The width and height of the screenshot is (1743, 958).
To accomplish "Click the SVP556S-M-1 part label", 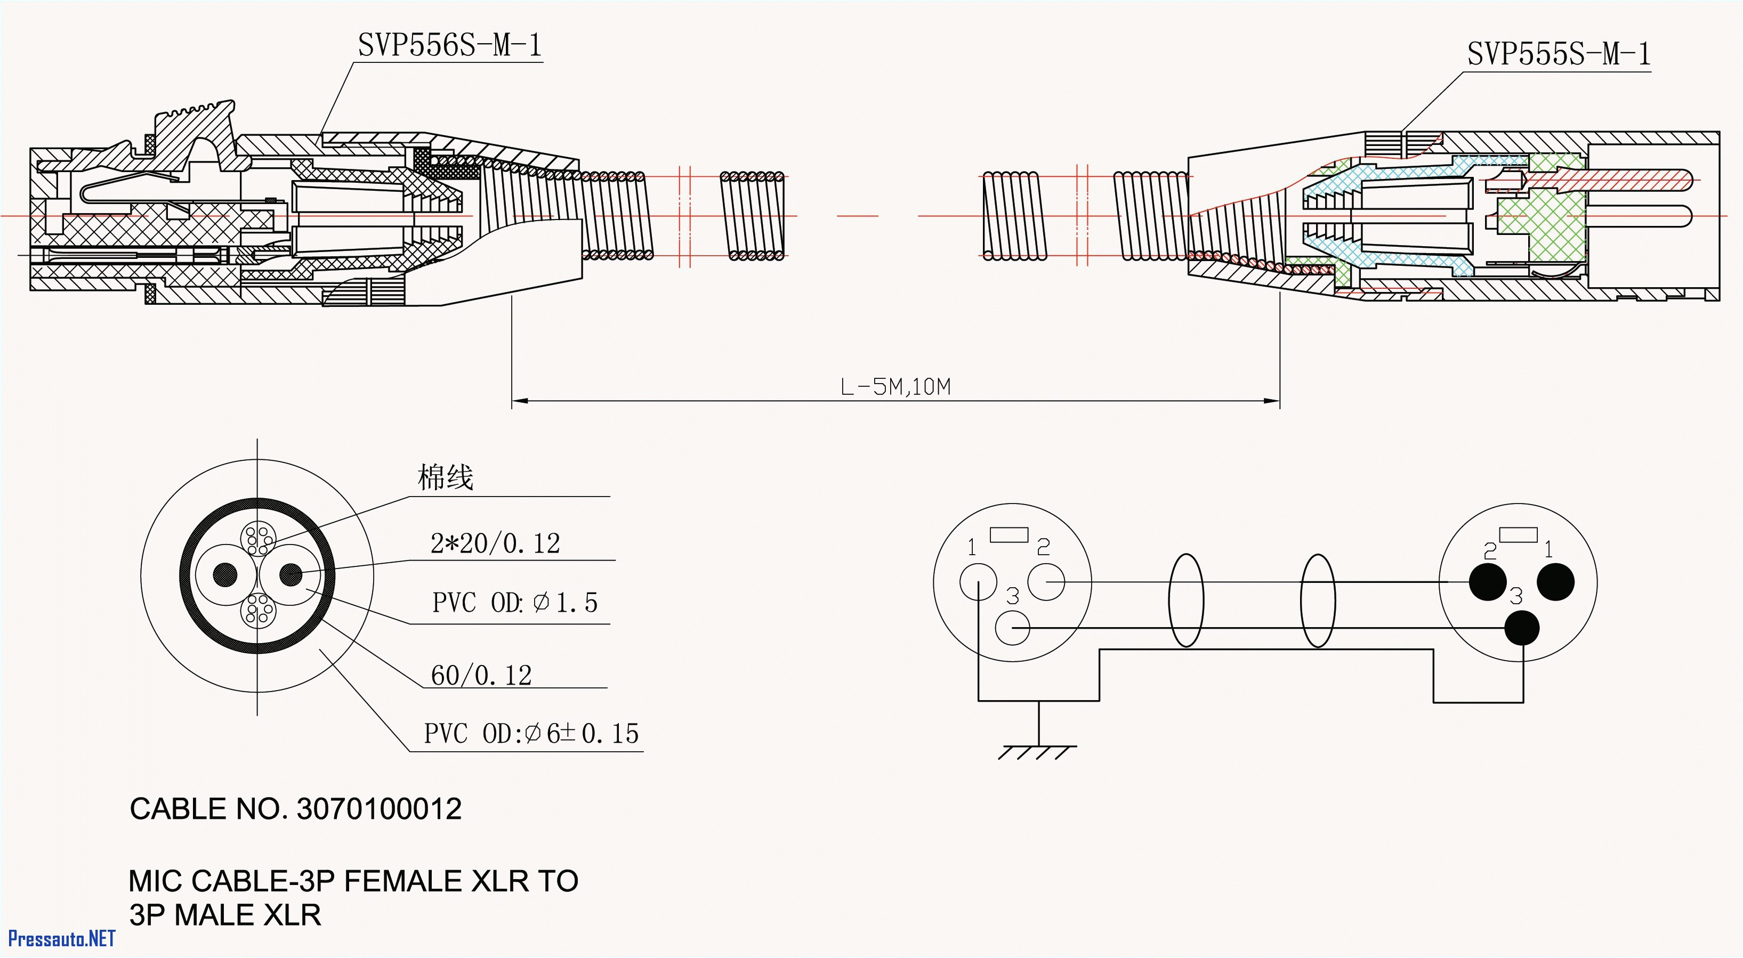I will coord(449,45).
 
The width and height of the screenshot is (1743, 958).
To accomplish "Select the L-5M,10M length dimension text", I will coord(895,387).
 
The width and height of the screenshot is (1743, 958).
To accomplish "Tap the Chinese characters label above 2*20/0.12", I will coord(445,477).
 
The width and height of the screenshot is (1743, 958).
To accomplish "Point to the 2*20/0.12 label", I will coord(495,543).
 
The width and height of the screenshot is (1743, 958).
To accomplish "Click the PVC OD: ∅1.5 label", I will coord(514,602).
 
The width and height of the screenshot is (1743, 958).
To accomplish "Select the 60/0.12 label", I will coord(481,675).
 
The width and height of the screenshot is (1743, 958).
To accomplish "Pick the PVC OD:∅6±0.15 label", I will coord(531,733).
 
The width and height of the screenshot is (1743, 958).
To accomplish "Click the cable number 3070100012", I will coord(379,808).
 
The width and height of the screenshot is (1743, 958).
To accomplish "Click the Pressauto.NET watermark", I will coord(61,938).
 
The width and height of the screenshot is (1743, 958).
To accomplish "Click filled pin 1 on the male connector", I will coord(1555,582).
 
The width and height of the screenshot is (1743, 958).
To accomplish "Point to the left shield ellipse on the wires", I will coord(1186,600).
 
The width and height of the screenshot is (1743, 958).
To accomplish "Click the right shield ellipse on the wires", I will coord(1318,600).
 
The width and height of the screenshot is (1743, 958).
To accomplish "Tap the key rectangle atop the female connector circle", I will coord(1009,535).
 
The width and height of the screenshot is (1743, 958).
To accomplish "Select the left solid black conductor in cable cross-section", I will coord(225,575).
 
